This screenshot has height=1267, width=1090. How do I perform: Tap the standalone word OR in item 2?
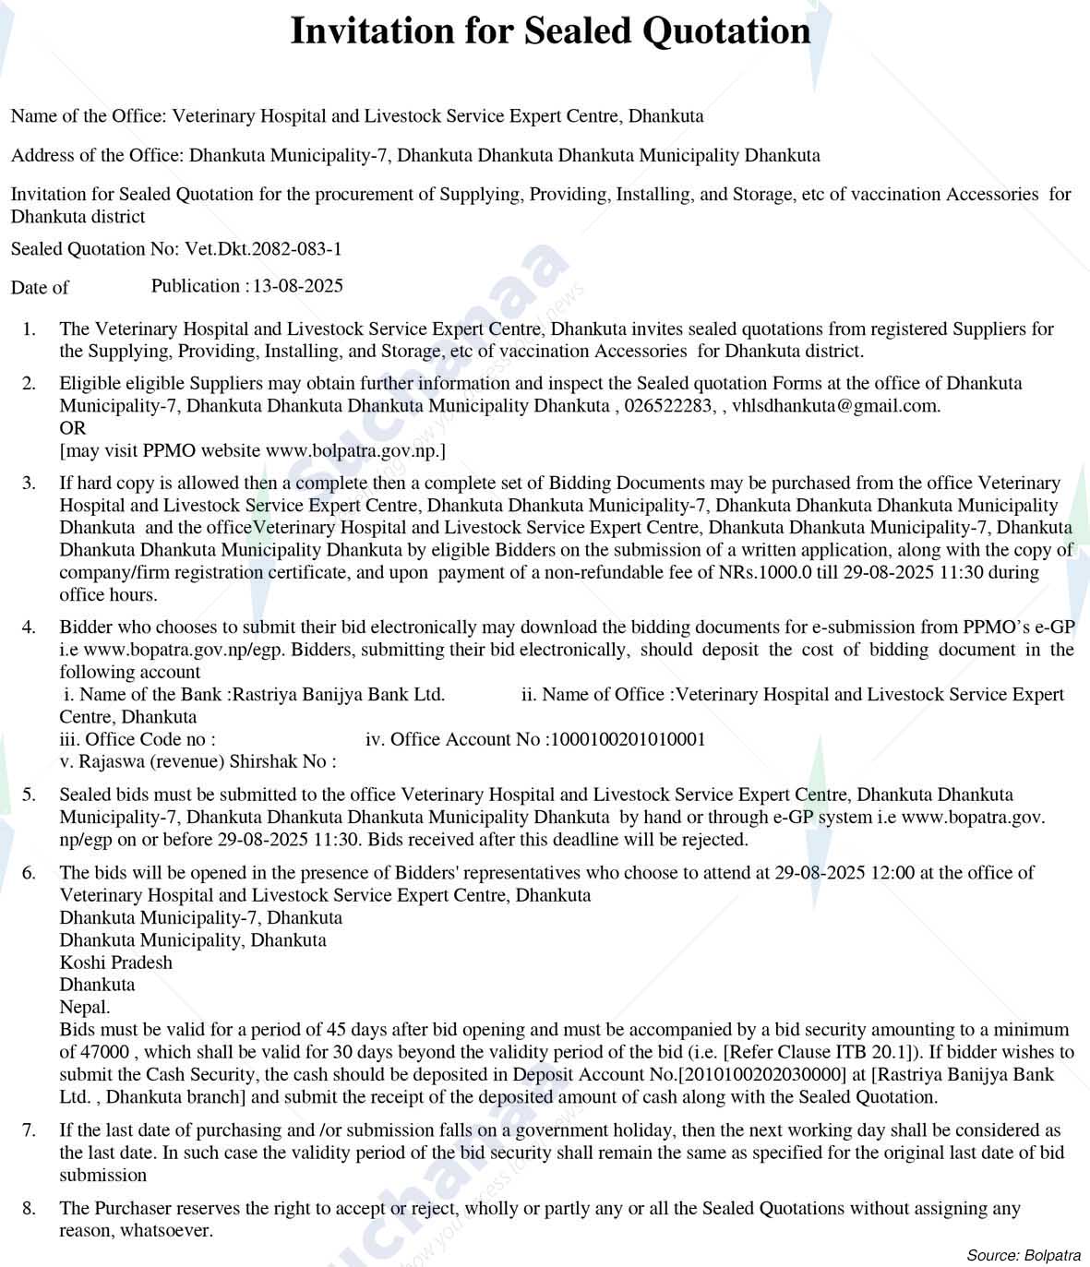pos(72,428)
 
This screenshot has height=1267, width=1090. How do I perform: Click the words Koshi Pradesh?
pos(116,962)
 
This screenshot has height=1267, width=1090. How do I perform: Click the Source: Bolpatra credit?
pos(1024,1255)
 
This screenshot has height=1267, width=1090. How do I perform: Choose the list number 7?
pos(30,1130)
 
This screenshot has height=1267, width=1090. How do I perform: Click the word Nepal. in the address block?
pos(85,1008)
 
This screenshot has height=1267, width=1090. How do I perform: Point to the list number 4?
pos(30,628)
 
